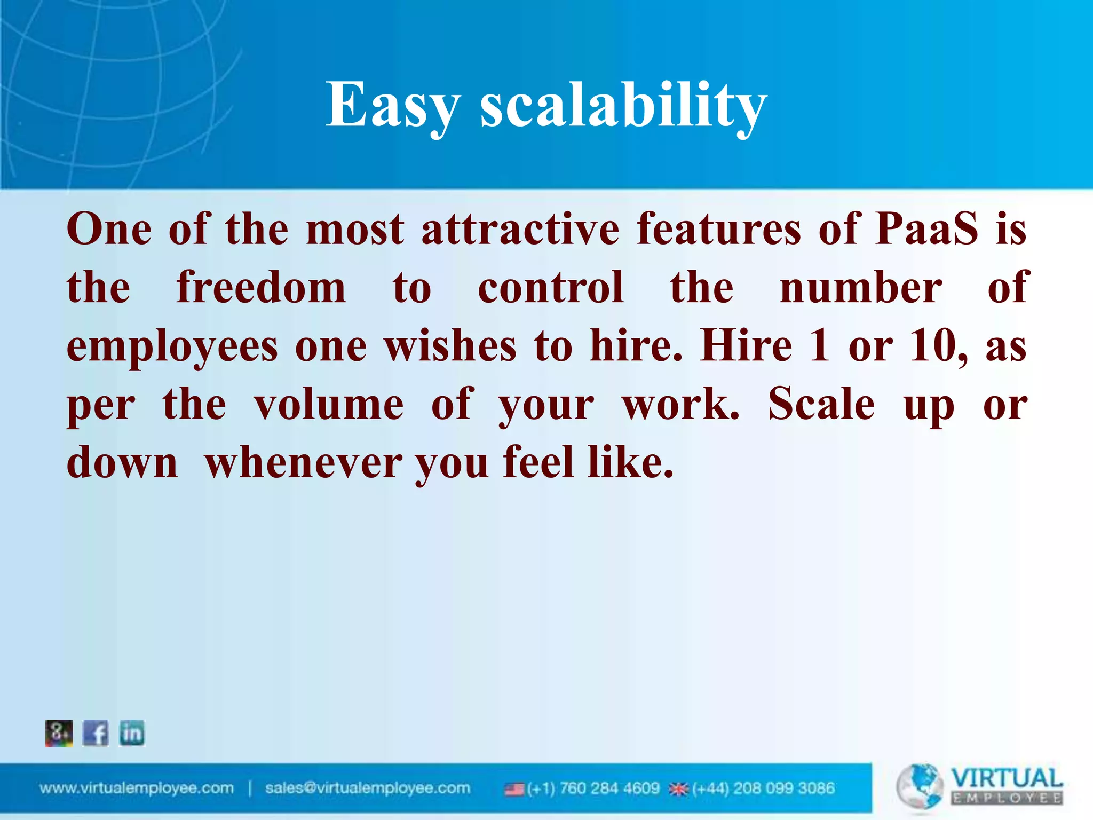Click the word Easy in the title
coord(393,105)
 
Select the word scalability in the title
coord(623,105)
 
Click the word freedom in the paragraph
coord(261,288)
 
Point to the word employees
coord(172,347)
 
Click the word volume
coord(329,405)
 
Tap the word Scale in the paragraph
coord(821,405)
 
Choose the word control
coord(551,288)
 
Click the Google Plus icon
coord(59,733)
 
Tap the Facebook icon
coord(96,733)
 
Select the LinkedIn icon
coord(132,733)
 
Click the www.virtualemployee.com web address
coord(137,789)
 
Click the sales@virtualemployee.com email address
coord(368,789)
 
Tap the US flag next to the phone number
coord(514,789)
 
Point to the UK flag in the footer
coord(679,789)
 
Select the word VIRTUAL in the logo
coord(1007,778)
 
